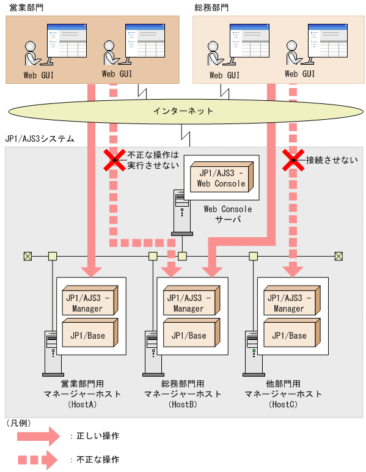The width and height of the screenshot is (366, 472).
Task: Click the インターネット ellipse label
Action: [183, 111]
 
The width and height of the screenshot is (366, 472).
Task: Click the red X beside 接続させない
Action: [293, 161]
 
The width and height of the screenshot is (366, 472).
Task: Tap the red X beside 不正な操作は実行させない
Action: [112, 161]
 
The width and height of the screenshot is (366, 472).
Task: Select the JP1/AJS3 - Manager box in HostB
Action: [188, 302]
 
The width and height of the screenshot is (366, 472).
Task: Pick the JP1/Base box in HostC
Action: [289, 335]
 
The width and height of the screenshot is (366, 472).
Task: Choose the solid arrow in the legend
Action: [36, 436]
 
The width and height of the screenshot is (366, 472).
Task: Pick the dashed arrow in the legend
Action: [36, 459]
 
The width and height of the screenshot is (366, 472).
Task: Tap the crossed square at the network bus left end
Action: [27, 256]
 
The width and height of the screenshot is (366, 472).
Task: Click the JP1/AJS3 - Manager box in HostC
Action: [289, 302]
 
